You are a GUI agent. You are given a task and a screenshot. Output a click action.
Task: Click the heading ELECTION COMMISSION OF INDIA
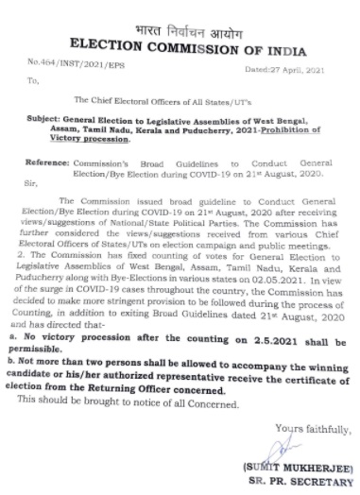tap(179, 28)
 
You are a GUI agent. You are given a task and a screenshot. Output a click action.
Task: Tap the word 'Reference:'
tap(56, 162)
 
